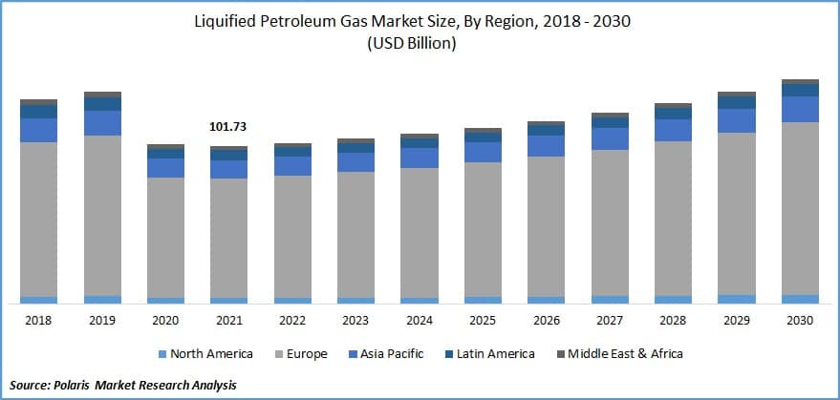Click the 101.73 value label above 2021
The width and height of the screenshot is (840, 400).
(x=228, y=126)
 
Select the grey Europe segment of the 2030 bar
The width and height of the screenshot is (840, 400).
(x=800, y=208)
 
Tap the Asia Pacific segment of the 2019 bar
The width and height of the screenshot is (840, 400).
(x=102, y=123)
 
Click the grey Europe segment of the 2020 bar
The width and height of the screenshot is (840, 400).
(x=165, y=237)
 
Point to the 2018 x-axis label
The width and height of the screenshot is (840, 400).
(x=39, y=321)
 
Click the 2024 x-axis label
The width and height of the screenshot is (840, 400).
(x=419, y=321)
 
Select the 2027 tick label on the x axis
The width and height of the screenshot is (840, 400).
(x=610, y=321)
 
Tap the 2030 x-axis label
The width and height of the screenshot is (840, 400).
(x=800, y=321)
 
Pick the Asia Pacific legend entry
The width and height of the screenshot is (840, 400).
(x=388, y=354)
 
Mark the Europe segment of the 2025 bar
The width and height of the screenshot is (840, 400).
(x=483, y=229)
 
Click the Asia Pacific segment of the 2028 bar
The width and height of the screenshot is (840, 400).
(x=673, y=130)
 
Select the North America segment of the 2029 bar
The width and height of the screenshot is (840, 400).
(x=737, y=299)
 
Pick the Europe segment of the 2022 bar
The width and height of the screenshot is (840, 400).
(x=292, y=236)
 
